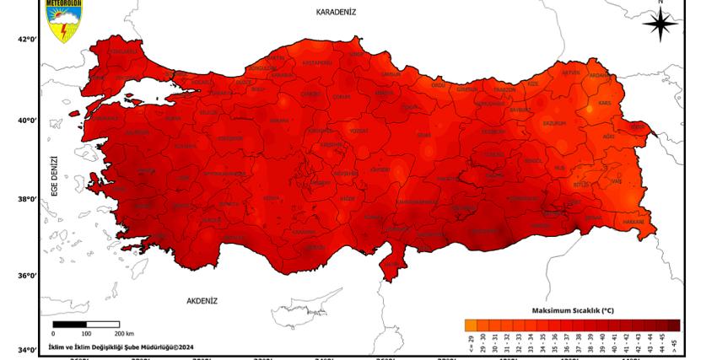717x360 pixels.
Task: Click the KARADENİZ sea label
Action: [x=337, y=12]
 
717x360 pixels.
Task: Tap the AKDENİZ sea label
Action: [x=202, y=300]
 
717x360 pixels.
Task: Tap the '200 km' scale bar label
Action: [x=124, y=335]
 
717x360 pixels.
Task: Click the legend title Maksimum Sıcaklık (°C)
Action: [x=573, y=310]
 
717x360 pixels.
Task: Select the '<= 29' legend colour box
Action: [x=470, y=325]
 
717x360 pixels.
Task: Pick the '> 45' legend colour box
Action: [x=673, y=325]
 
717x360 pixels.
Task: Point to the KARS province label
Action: [x=604, y=103]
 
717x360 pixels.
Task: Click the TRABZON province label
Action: [x=504, y=89]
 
